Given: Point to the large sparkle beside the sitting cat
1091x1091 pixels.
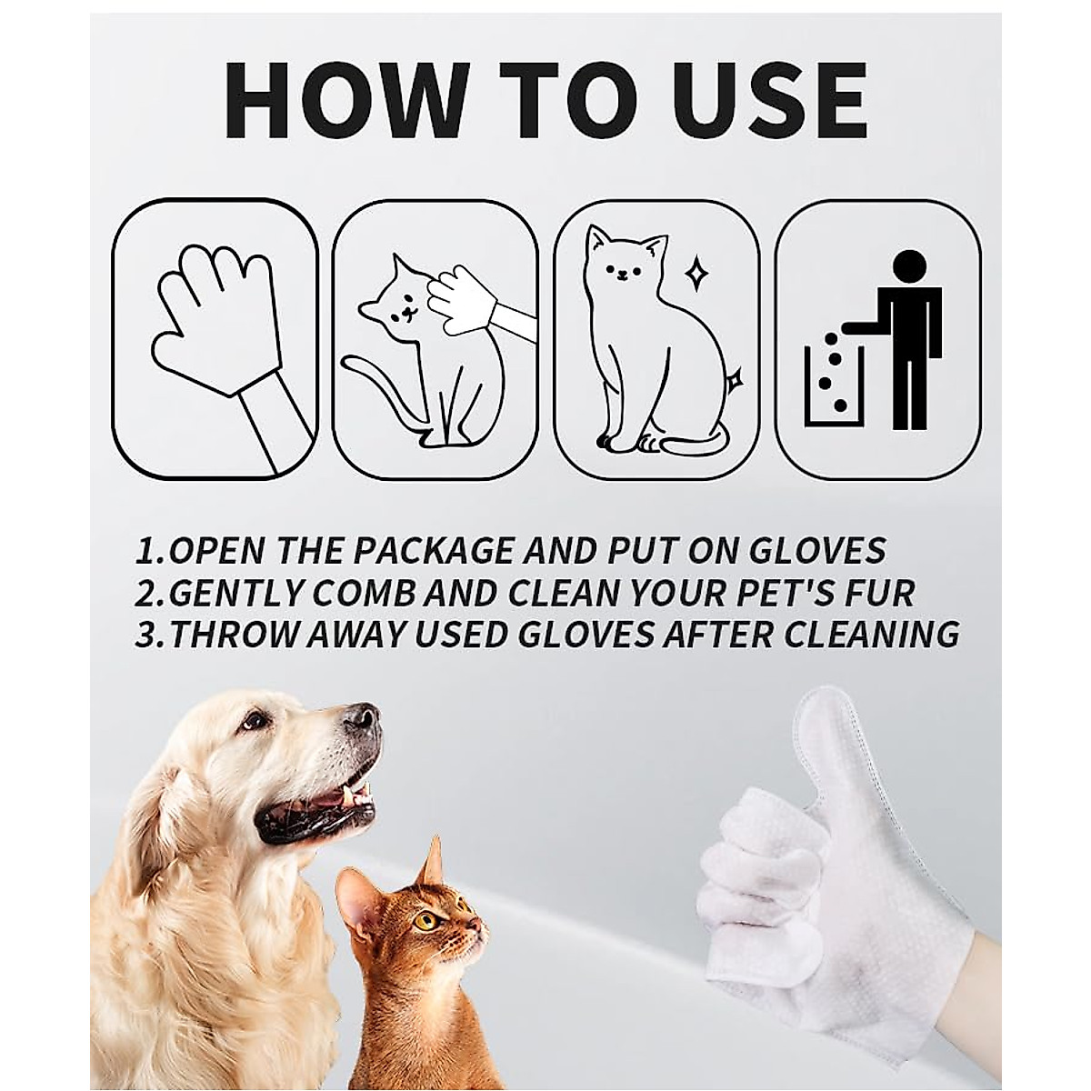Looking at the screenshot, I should (x=696, y=272).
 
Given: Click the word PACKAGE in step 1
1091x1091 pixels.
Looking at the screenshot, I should (x=438, y=551).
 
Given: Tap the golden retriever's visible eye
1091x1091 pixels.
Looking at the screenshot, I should (x=255, y=722).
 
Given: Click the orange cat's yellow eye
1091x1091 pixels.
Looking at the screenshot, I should (x=424, y=919).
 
